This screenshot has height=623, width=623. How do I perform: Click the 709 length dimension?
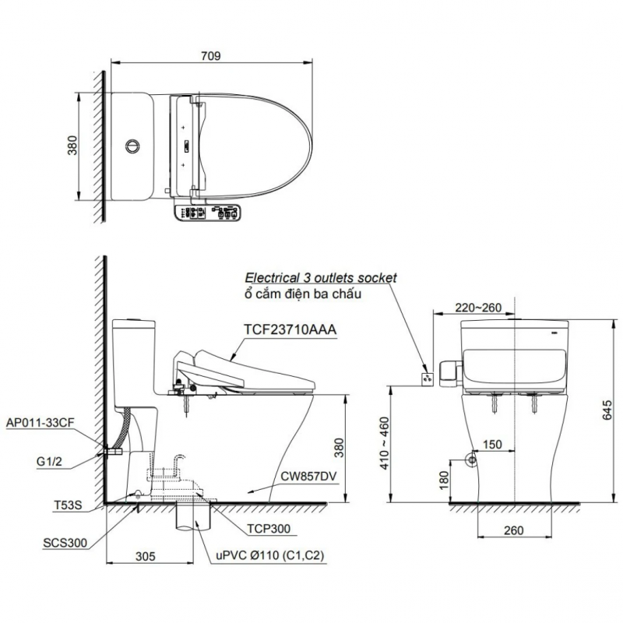[210, 56]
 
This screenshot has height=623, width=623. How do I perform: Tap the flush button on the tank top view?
[132, 146]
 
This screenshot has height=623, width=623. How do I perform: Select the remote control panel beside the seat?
[207, 212]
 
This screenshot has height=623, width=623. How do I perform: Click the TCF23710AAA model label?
[290, 329]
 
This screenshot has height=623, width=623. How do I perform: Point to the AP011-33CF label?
[40, 423]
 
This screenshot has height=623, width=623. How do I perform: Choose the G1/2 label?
[49, 462]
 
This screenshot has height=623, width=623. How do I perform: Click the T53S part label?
[68, 505]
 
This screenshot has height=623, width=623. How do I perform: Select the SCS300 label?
[65, 543]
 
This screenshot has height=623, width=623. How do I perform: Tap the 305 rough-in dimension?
[146, 556]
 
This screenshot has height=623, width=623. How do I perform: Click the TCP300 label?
[269, 529]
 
